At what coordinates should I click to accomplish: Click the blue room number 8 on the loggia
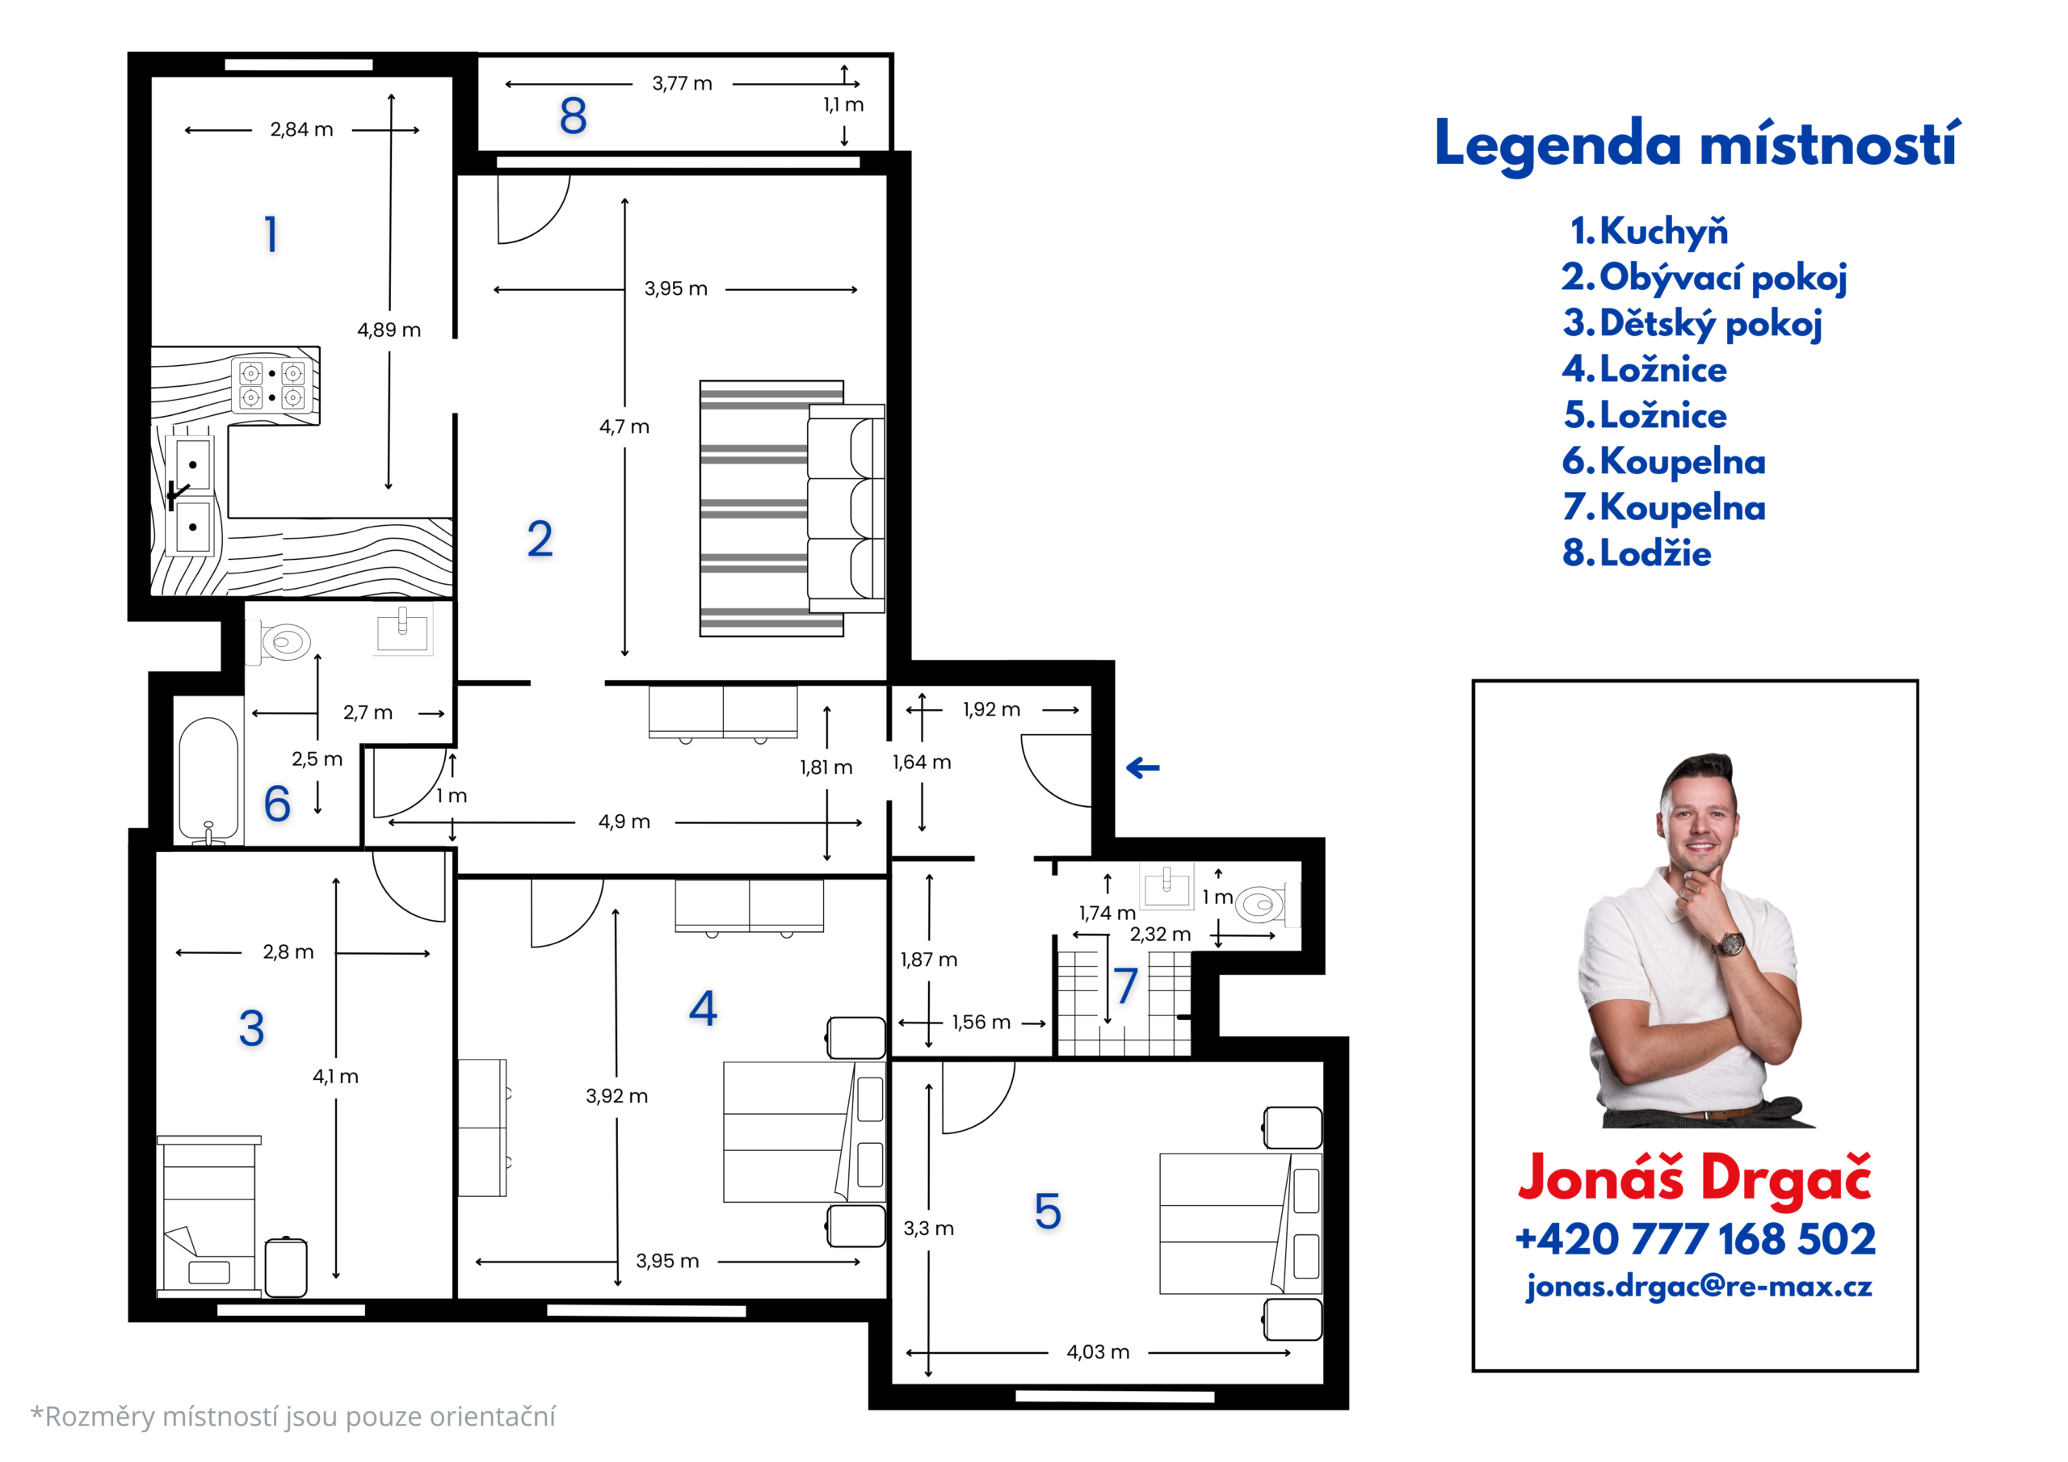(573, 116)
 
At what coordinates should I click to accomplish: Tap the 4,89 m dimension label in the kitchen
(389, 330)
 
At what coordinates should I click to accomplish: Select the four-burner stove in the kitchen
(272, 384)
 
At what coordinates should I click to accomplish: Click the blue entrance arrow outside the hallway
(1142, 767)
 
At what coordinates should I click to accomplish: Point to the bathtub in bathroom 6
(208, 781)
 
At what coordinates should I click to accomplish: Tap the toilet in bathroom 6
(281, 642)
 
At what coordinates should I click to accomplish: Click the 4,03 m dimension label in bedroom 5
(1097, 1352)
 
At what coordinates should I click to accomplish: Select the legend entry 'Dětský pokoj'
(1693, 323)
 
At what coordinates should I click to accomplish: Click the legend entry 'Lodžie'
(1637, 553)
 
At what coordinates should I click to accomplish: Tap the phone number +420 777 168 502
(1695, 1240)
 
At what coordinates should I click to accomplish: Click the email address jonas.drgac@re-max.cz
(1699, 1287)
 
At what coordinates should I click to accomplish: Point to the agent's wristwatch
(1730, 944)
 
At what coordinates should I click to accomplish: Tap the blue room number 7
(1126, 985)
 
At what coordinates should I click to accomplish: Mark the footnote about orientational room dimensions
(292, 1417)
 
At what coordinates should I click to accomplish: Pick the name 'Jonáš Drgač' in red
(1694, 1178)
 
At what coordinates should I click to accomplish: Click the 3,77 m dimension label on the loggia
(682, 84)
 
